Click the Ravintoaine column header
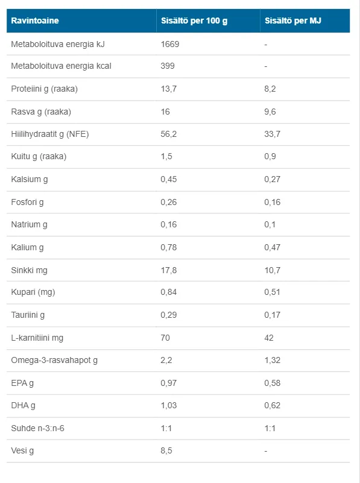pyautogui.click(x=35, y=21)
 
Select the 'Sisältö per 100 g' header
pyautogui.click(x=194, y=21)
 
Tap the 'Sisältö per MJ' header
pyautogui.click(x=293, y=21)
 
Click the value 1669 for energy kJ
pyautogui.click(x=170, y=44)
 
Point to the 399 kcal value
pyautogui.click(x=168, y=66)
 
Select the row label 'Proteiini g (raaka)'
pyautogui.click(x=45, y=89)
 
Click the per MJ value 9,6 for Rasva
pyautogui.click(x=270, y=112)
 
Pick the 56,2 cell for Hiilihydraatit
pyautogui.click(x=168, y=134)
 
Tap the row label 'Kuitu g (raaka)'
pyautogui.click(x=39, y=157)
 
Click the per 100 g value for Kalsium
pyautogui.click(x=168, y=179)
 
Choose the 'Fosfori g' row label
pyautogui.click(x=27, y=203)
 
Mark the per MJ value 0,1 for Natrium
pyautogui.click(x=270, y=224)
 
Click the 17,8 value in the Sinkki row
pyautogui.click(x=168, y=270)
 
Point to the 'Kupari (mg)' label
pyautogui.click(x=33, y=292)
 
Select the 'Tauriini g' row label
pyautogui.click(x=28, y=315)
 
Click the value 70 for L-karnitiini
pyautogui.click(x=165, y=338)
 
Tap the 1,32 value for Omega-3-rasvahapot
pyautogui.click(x=272, y=360)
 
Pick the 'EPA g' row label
pyautogui.click(x=22, y=383)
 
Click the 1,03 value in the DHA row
pyautogui.click(x=168, y=405)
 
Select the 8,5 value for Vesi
pyautogui.click(x=166, y=450)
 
